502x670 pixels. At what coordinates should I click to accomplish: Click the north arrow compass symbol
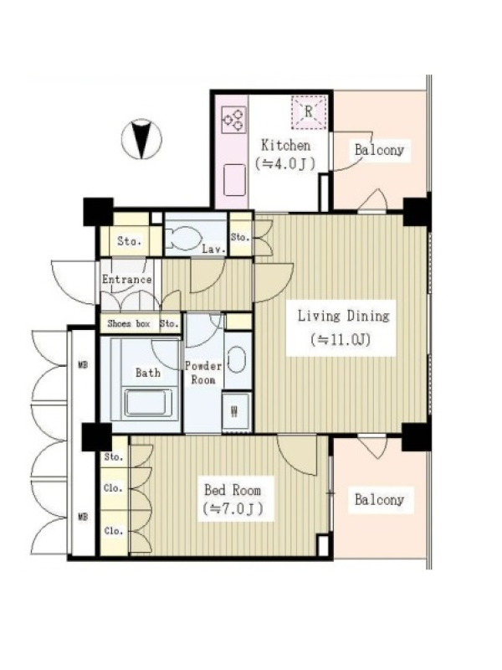click(141, 139)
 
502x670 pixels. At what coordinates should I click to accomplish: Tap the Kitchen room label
click(285, 145)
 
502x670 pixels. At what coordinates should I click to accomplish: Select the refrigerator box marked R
click(309, 112)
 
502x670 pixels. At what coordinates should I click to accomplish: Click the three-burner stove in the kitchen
click(234, 119)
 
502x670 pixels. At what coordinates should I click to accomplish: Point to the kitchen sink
click(235, 180)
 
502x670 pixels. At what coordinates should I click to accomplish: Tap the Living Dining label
click(343, 317)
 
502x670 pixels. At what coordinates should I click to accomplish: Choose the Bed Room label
click(233, 490)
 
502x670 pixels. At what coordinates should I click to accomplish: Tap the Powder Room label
click(203, 373)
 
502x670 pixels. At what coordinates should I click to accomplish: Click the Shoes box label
click(129, 324)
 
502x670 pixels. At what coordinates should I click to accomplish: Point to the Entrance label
click(127, 280)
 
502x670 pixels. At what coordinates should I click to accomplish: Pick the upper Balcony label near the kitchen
click(379, 150)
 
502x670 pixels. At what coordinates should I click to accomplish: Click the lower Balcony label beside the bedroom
click(379, 499)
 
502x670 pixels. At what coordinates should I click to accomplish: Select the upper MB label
click(83, 365)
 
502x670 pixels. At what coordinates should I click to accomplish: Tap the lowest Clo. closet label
click(114, 531)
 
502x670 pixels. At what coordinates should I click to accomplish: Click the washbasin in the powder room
click(237, 359)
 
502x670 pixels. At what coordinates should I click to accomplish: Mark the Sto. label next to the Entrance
click(169, 324)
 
